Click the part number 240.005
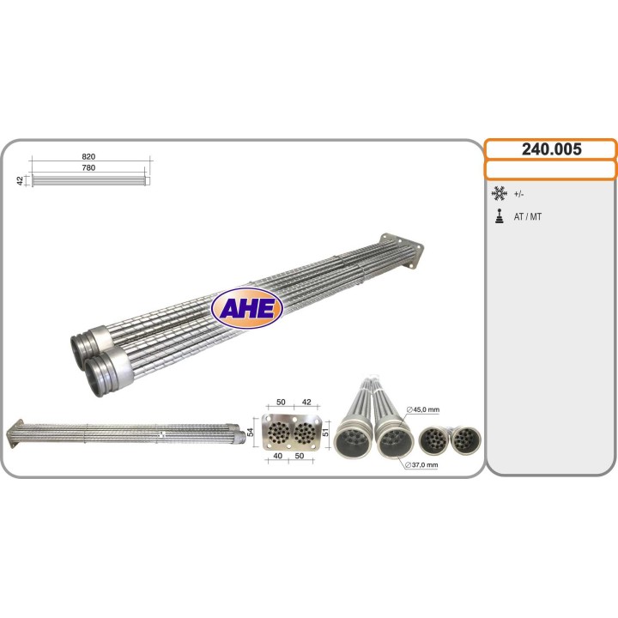[x=551, y=149]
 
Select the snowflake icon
[x=499, y=194]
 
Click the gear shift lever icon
[x=500, y=216]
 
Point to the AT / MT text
[x=527, y=216]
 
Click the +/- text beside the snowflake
[x=518, y=194]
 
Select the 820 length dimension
[x=88, y=156]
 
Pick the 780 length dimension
[x=88, y=167]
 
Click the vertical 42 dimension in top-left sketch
[x=20, y=181]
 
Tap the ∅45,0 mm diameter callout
[x=423, y=409]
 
